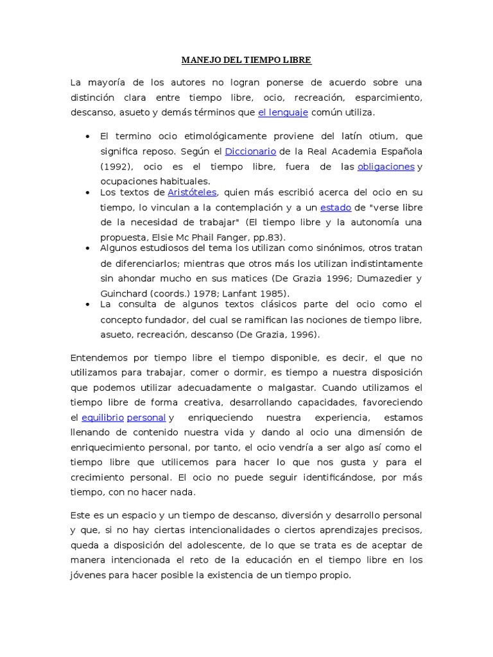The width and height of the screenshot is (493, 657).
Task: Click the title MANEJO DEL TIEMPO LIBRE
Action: (246, 60)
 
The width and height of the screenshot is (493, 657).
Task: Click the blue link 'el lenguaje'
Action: (283, 113)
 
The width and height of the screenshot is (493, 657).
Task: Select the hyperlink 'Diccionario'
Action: (250, 151)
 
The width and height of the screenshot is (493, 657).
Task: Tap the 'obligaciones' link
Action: (386, 167)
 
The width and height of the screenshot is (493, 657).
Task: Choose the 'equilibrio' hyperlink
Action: (103, 418)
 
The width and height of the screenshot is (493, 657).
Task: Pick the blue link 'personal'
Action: (146, 418)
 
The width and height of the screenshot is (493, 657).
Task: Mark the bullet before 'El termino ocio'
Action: (87, 137)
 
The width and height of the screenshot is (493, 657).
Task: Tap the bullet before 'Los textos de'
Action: (87, 192)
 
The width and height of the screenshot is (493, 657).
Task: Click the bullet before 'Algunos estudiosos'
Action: (87, 248)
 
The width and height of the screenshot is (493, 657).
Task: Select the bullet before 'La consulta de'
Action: (87, 304)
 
